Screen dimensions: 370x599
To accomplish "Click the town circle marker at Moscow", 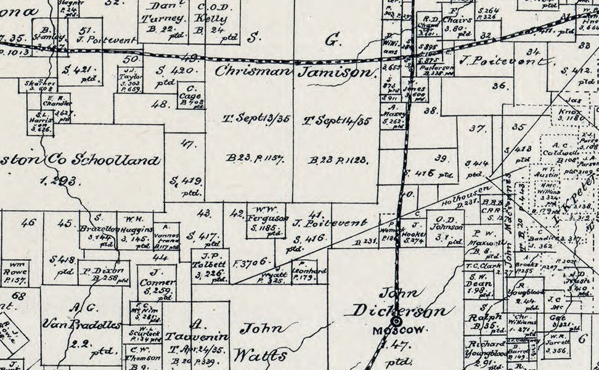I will pyautogui.click(x=396, y=321).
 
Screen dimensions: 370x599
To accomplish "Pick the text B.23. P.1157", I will pyautogui.click(x=255, y=158).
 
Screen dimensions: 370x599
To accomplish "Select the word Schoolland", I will pyautogui.click(x=116, y=160).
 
